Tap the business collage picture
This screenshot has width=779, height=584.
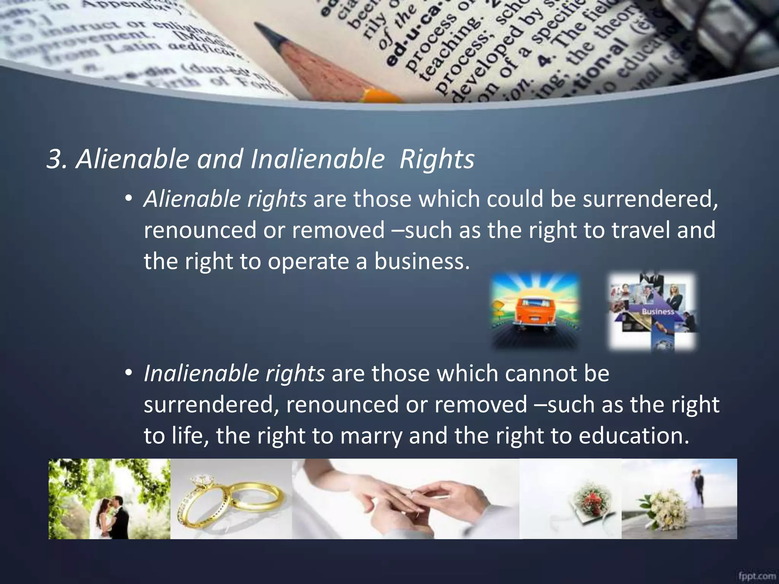tap(653, 311)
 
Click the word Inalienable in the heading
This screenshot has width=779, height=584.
tap(318, 159)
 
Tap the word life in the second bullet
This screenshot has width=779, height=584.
tap(189, 436)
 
